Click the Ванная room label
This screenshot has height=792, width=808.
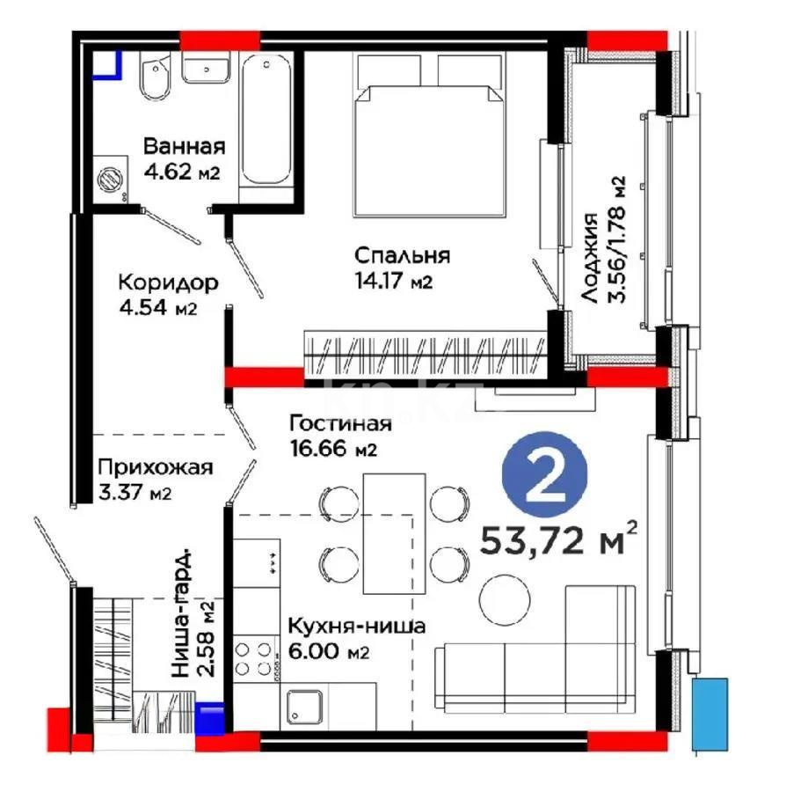point(184,146)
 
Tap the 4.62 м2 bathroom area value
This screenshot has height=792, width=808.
point(182,172)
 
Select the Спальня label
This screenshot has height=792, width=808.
point(403,256)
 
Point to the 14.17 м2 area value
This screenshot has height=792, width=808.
point(393,281)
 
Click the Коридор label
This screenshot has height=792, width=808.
point(169,283)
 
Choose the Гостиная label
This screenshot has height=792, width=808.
point(340,423)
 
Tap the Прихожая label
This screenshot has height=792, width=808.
point(155,467)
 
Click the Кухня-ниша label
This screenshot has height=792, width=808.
point(357,627)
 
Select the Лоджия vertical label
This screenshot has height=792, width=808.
point(589,258)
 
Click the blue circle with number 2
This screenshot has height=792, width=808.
point(545,474)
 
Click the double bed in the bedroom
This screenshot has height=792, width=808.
point(427,136)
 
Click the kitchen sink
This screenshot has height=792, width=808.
point(304,706)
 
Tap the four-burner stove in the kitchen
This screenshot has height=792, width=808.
point(253,658)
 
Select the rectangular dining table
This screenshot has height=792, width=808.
point(395,533)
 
